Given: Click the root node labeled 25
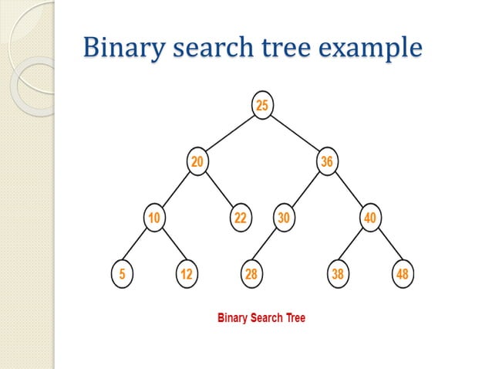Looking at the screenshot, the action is click(x=262, y=106).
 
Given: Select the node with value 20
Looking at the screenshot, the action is click(x=197, y=161).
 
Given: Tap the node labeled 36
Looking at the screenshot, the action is click(x=326, y=161).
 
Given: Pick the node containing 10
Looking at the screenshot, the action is click(x=154, y=218).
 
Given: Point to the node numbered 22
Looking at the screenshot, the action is click(x=241, y=218).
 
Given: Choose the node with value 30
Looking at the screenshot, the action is click(x=284, y=218).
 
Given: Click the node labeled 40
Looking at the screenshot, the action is click(x=370, y=218).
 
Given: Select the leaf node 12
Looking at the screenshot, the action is click(x=186, y=274).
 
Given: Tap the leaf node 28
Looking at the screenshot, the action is click(x=251, y=274).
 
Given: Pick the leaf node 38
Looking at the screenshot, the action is click(x=337, y=274).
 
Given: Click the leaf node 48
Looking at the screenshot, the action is click(x=402, y=274).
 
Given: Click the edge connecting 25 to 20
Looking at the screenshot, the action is click(x=230, y=134).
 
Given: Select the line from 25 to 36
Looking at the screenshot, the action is click(x=295, y=134).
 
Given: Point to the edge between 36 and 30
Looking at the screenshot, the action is click(x=305, y=189).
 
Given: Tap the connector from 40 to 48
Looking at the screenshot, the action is click(x=386, y=246).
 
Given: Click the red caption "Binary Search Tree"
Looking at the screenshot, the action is click(x=261, y=317).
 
